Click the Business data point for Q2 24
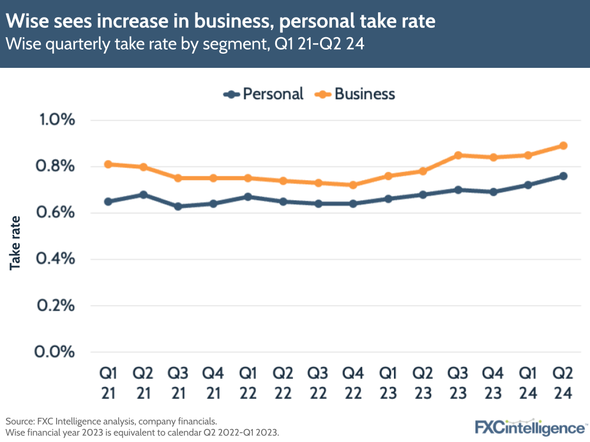pyautogui.click(x=563, y=146)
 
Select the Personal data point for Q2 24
pyautogui.click(x=563, y=176)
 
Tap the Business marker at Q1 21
pyautogui.click(x=108, y=164)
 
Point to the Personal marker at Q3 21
pyautogui.click(x=178, y=207)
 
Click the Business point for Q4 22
pyautogui.click(x=353, y=185)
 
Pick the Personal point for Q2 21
pyautogui.click(x=143, y=194)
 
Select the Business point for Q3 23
pyautogui.click(x=458, y=155)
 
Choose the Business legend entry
pyautogui.click(x=356, y=94)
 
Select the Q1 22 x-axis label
pyautogui.click(x=248, y=384)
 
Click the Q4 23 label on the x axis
pyautogui.click(x=493, y=384)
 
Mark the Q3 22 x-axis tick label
pyautogui.click(x=318, y=384)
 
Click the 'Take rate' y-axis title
pyautogui.click(x=15, y=243)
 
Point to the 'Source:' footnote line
pyautogui.click(x=112, y=421)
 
